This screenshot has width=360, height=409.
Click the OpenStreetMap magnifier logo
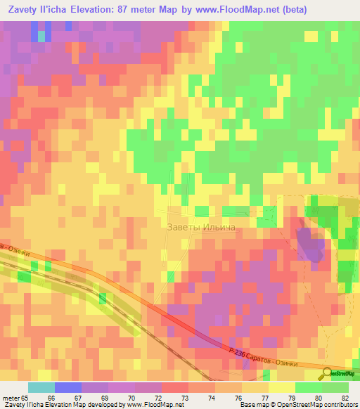328,373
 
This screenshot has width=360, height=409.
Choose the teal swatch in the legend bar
41,387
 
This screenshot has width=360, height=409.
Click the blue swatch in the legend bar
67,387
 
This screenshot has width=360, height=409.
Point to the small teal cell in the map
41,34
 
